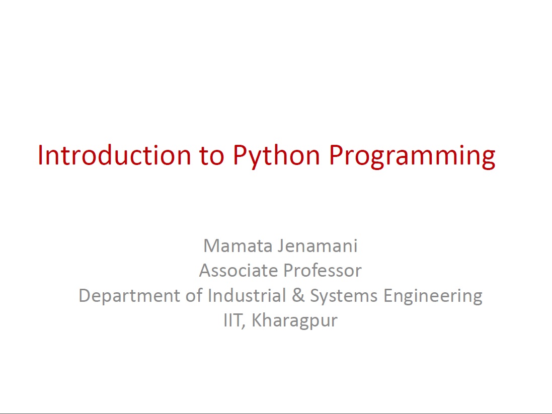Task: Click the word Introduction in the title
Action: coord(114,155)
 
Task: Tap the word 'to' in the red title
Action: coord(211,155)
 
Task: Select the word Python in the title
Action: coord(276,156)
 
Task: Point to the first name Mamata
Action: coord(238,245)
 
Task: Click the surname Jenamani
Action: coord(318,245)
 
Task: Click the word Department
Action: coord(129,296)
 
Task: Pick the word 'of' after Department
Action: coord(194,295)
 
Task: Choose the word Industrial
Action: coord(247,295)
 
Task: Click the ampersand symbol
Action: coord(298,295)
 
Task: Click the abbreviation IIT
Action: coord(232,320)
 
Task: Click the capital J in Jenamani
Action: coord(281,245)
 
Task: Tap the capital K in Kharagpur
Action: coord(257,320)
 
